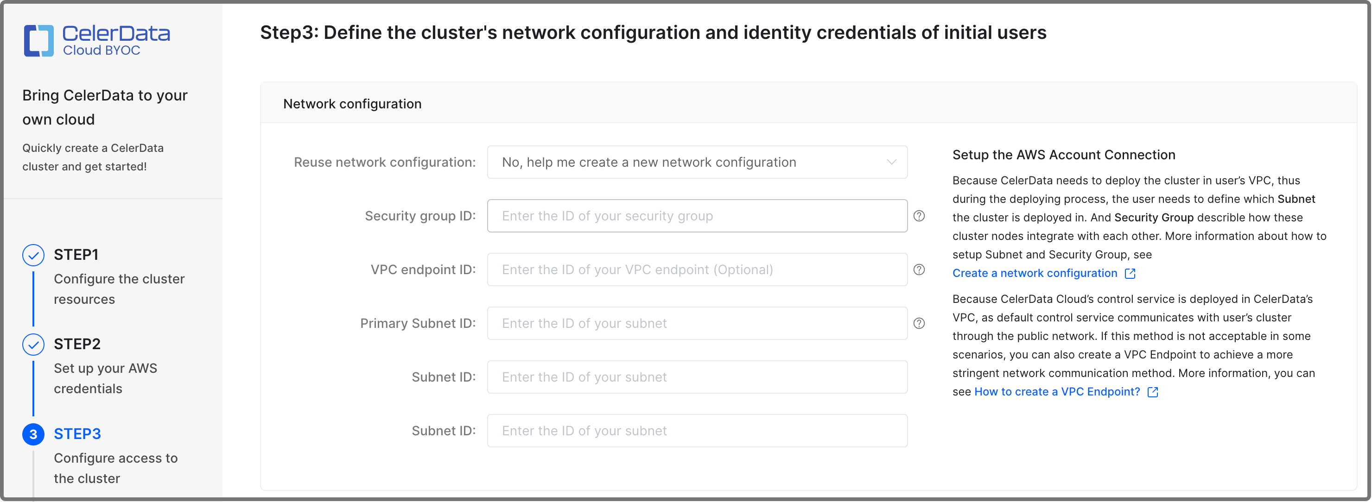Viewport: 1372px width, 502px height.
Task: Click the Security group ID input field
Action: point(697,216)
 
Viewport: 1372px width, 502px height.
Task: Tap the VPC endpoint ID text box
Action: point(697,270)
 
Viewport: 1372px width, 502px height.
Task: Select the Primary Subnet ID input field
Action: point(697,323)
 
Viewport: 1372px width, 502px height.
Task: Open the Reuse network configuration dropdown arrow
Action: point(891,162)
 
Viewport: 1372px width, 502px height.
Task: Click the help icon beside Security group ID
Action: point(919,216)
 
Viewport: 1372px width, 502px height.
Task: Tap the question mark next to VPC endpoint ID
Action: point(919,270)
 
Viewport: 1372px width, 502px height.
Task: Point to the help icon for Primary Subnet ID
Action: point(919,323)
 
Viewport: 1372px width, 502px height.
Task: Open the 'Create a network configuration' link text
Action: point(1034,273)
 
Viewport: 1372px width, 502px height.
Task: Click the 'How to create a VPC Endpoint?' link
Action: point(1057,392)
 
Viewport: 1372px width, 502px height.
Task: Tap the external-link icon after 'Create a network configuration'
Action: point(1130,274)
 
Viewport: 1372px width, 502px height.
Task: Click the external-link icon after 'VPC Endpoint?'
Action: point(1153,392)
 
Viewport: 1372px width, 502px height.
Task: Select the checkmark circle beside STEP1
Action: point(33,255)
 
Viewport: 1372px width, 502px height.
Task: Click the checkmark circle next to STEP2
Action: point(33,345)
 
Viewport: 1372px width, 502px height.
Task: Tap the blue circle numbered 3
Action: point(33,434)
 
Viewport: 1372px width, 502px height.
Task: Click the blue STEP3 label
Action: point(77,434)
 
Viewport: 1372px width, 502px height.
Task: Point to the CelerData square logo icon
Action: point(38,40)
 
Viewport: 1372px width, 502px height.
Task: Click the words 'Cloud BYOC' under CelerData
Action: point(101,50)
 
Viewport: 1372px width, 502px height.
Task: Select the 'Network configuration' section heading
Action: point(352,104)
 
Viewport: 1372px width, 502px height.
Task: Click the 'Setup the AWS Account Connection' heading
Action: point(1064,155)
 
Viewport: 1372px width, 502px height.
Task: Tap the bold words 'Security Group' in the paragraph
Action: point(1154,218)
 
